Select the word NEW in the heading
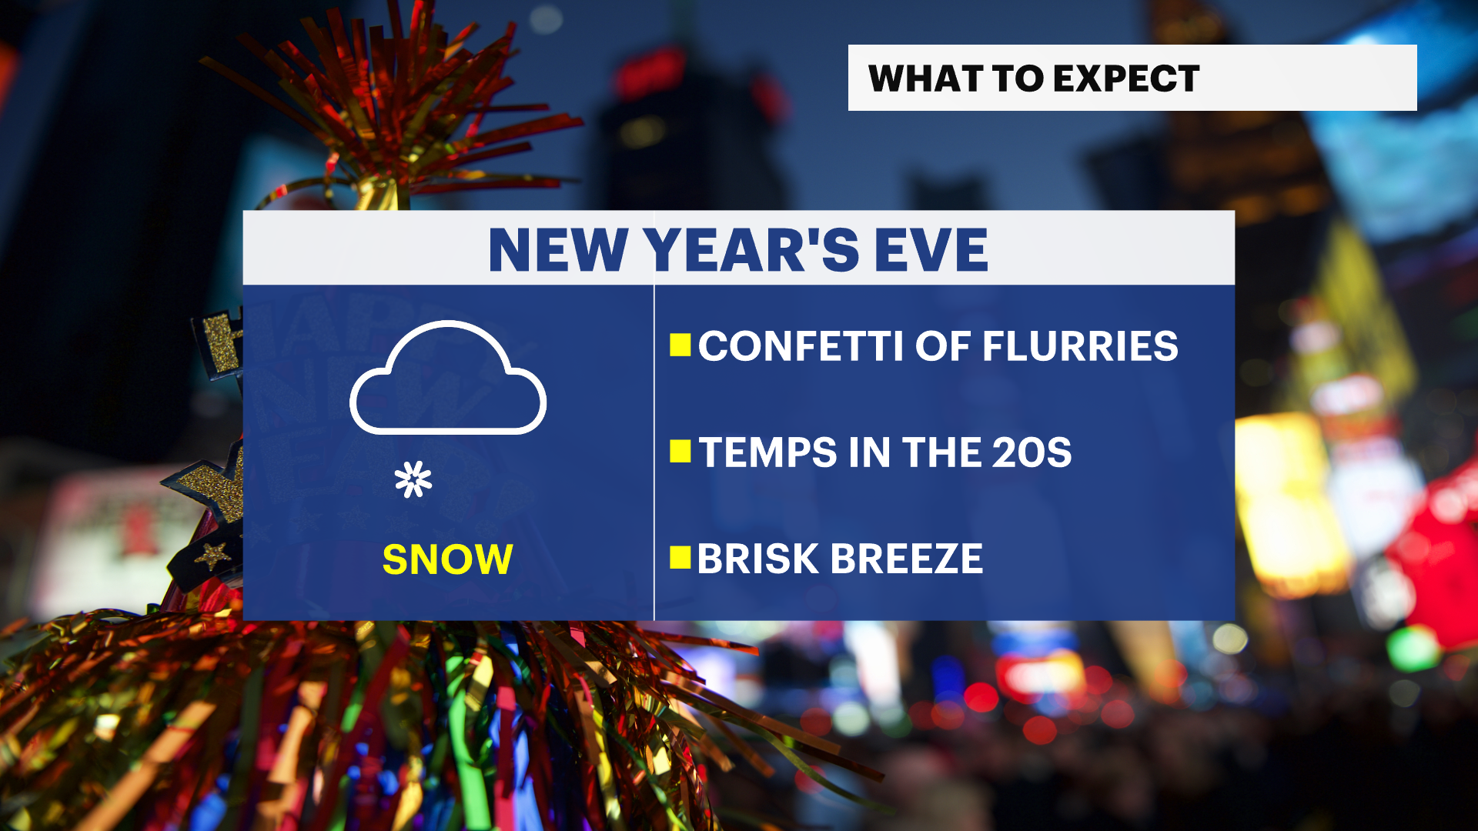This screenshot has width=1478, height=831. coord(558,250)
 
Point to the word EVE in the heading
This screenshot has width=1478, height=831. coord(931,250)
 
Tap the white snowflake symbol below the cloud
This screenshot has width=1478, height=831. coord(413,480)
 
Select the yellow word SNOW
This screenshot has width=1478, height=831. coord(447,559)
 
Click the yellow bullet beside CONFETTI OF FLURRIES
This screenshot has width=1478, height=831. coord(680,345)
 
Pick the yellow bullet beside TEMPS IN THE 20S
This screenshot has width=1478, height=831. coord(680,452)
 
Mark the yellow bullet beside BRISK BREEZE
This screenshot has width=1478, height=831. coord(680,558)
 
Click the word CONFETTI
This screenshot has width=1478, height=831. coord(801,346)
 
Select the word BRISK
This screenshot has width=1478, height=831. coord(757,559)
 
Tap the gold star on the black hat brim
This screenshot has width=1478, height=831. coord(213,554)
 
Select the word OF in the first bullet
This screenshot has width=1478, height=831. coord(942,346)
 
